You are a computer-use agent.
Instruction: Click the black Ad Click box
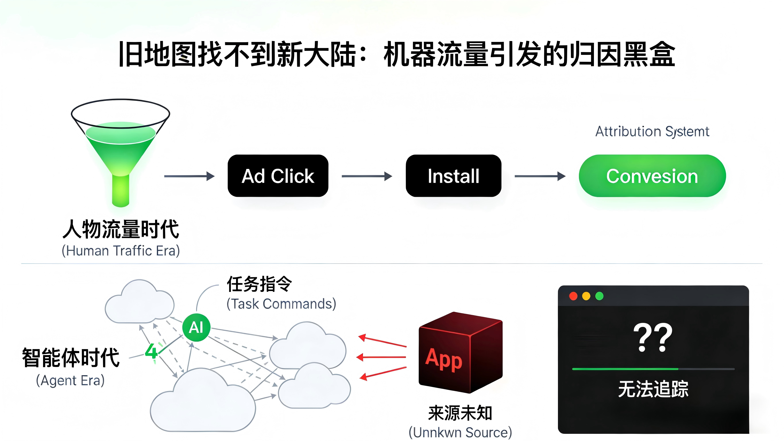[x=278, y=176]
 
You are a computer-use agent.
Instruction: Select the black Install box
[x=453, y=176]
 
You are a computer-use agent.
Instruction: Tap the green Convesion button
[x=652, y=176]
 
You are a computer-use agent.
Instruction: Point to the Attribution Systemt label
[x=652, y=132]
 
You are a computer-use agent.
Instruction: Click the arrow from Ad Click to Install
[x=367, y=176]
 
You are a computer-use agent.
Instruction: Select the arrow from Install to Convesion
[x=540, y=176]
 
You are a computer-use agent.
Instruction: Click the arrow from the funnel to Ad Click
[x=189, y=176]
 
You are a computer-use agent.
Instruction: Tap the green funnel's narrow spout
[x=121, y=190]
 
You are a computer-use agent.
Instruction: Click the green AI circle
[x=196, y=328]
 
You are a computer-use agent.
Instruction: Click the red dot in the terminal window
[x=573, y=296]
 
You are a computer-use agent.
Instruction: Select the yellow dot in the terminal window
[x=586, y=296]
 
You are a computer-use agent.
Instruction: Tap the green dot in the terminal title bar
[x=599, y=296]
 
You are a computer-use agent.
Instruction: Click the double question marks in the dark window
[x=652, y=338]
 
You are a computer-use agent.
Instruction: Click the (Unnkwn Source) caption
[x=460, y=432]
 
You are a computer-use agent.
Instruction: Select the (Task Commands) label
[x=281, y=304]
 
